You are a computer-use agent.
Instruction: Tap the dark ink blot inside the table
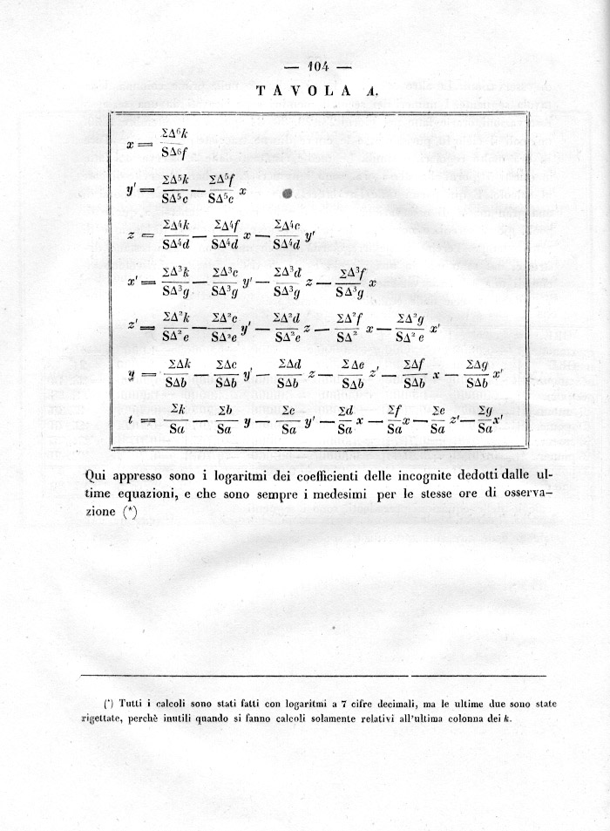(x=288, y=194)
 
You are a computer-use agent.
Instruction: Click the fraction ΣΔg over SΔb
(x=477, y=374)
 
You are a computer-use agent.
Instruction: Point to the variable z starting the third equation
(x=129, y=235)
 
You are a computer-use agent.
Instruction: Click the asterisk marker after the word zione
(x=130, y=513)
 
